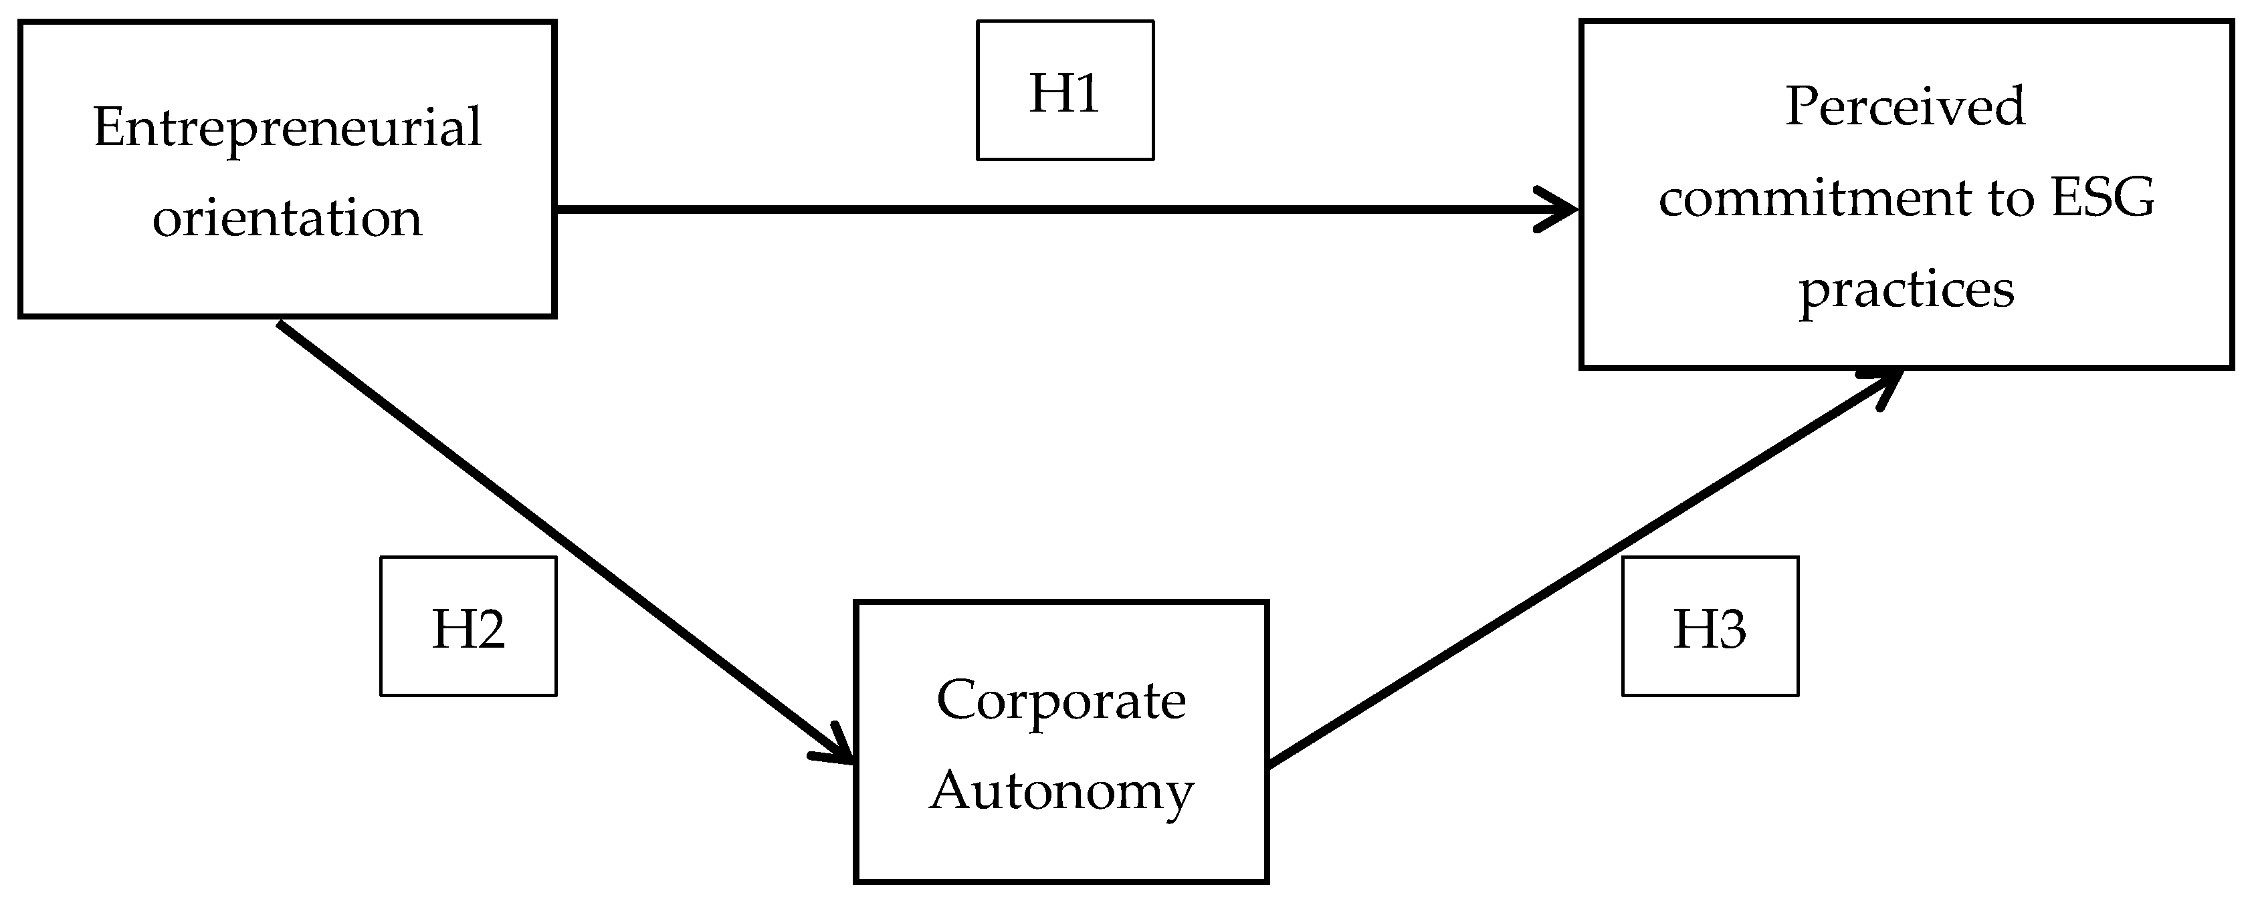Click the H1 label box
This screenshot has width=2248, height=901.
point(1065,91)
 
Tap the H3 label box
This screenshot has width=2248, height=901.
point(1710,626)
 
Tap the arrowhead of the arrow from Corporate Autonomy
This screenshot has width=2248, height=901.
point(1885,384)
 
